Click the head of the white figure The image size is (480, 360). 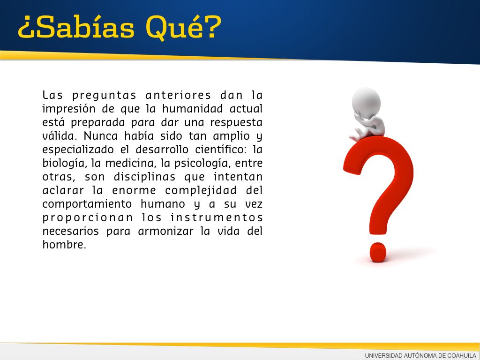pyautogui.click(x=366, y=102)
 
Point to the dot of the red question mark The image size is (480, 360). pyautogui.click(x=378, y=252)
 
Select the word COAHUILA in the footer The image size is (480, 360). pyautogui.click(x=462, y=356)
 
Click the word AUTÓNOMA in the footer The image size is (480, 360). pyautogui.click(x=422, y=356)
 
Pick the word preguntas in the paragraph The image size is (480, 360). pyautogui.click(x=105, y=96)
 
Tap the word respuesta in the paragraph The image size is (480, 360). pyautogui.click(x=236, y=123)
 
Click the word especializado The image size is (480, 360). pyautogui.click(x=78, y=150)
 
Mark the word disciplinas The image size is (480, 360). pyautogui.click(x=144, y=177)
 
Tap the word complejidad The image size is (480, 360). pyautogui.click(x=201, y=191)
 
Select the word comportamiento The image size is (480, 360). pyautogui.click(x=87, y=204)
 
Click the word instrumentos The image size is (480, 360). pyautogui.click(x=217, y=217)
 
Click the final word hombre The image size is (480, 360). pyautogui.click(x=64, y=244)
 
